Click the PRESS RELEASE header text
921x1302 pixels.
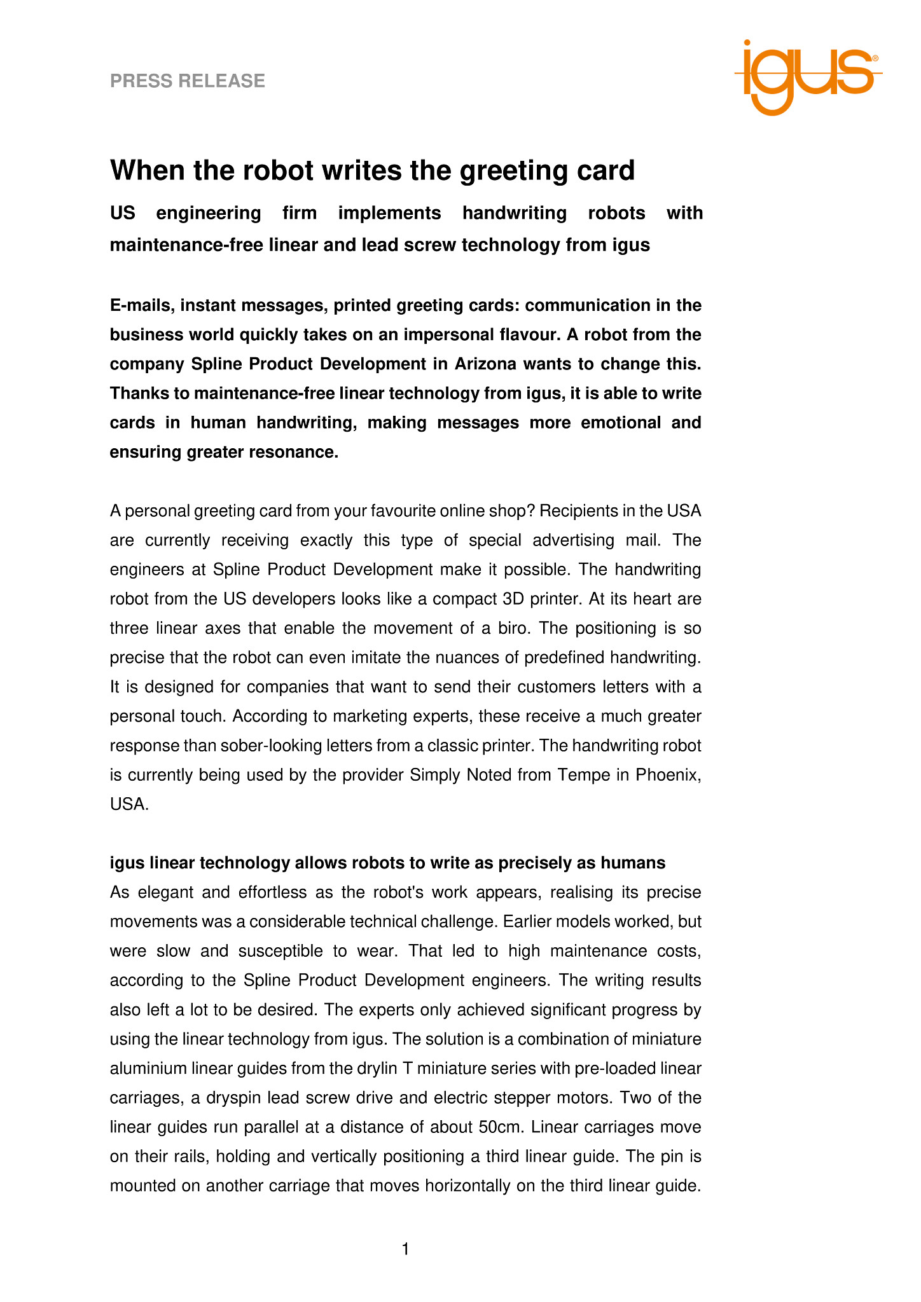(x=188, y=81)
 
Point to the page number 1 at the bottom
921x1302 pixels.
(x=406, y=1249)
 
